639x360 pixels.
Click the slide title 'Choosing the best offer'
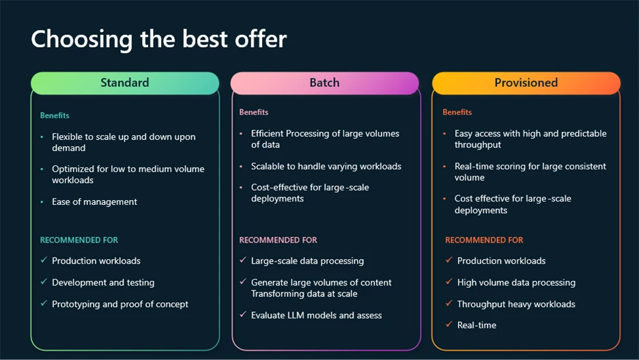tap(158, 39)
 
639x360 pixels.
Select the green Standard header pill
tap(125, 83)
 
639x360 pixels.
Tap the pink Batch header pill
tap(324, 83)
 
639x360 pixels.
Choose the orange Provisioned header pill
tap(526, 83)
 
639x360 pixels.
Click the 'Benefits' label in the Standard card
tap(55, 115)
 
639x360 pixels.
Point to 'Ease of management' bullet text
tap(94, 202)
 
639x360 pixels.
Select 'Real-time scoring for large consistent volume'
tap(530, 171)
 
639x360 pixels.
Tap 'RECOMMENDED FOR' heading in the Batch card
tap(278, 240)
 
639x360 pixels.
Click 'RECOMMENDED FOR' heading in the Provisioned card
tap(484, 240)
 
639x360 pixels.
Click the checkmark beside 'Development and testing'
tap(44, 282)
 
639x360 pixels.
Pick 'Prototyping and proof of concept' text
tap(119, 304)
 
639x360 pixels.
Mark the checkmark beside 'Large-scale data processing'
tap(243, 260)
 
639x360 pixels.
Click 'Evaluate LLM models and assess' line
tap(316, 315)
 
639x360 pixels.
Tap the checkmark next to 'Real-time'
tap(449, 325)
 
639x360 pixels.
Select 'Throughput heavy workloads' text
tap(515, 304)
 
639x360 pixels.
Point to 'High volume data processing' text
tap(515, 282)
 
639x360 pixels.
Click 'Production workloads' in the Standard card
tap(96, 260)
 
